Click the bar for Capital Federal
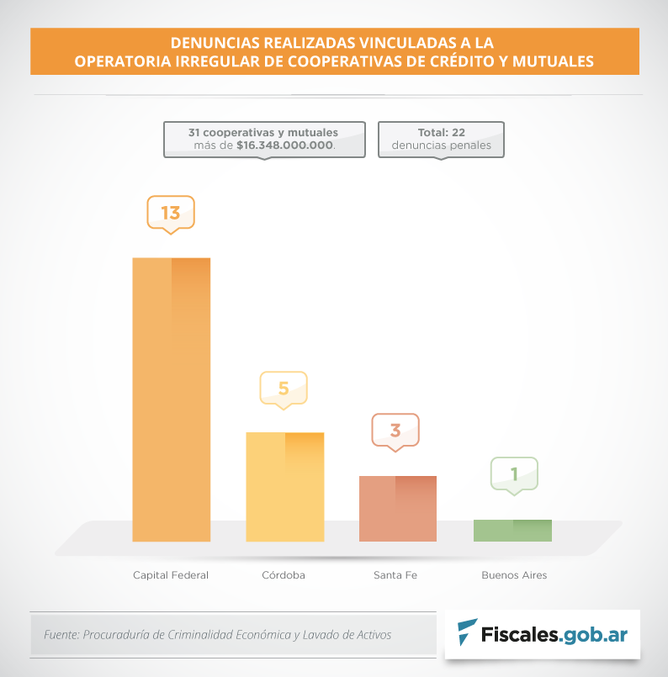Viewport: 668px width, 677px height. (x=171, y=399)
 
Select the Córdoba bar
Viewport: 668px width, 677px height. (x=284, y=487)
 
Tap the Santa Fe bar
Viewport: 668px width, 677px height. (x=398, y=509)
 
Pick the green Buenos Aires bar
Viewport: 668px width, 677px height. (x=512, y=531)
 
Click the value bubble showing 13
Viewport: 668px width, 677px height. (x=171, y=212)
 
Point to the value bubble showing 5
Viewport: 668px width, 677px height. (x=284, y=388)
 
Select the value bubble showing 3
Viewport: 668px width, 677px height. (x=395, y=431)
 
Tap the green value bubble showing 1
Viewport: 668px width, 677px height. (x=513, y=473)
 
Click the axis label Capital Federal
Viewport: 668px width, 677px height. (x=171, y=575)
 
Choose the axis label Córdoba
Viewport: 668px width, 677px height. (x=284, y=575)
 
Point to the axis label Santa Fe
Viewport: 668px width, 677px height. (x=395, y=575)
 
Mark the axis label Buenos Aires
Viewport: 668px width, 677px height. (x=514, y=575)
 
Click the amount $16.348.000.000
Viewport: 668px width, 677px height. (x=284, y=145)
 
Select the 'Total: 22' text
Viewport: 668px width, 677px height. (x=442, y=132)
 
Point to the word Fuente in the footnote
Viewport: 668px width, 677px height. (x=60, y=635)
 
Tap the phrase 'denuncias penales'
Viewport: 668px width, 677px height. (x=442, y=145)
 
